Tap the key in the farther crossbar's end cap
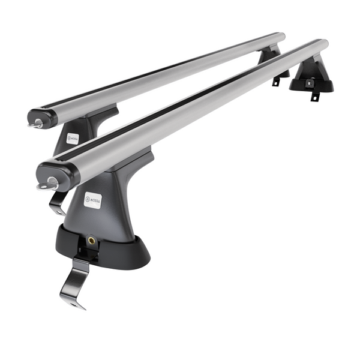pos(37,124)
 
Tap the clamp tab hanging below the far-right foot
pos(313,95)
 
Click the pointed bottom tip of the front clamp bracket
pos(83,308)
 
